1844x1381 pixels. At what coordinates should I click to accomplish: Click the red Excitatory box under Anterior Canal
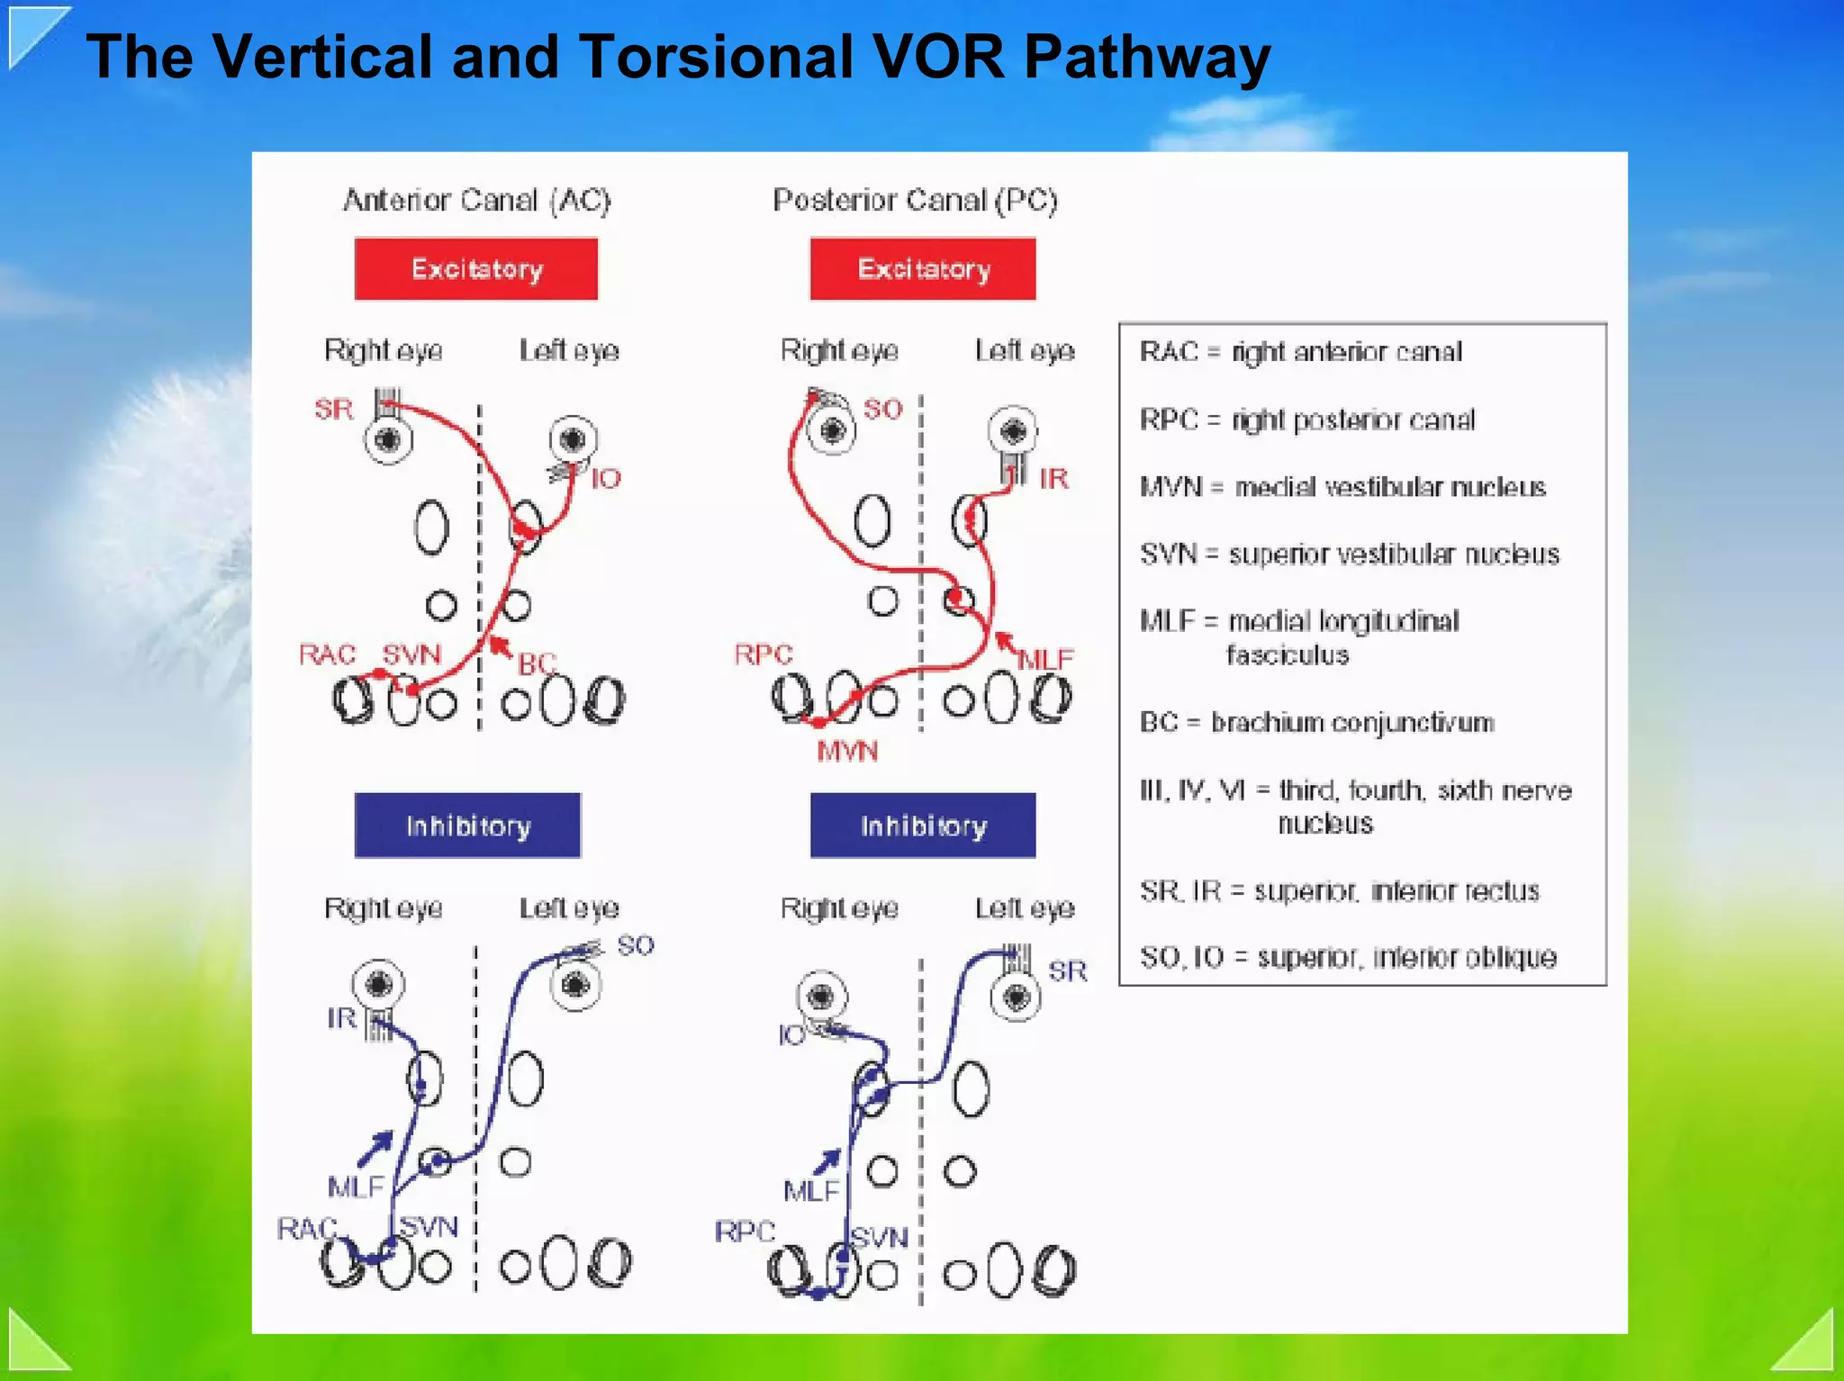[475, 268]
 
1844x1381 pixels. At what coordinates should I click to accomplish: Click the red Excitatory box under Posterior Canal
[923, 268]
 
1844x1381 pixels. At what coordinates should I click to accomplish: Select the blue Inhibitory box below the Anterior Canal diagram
[467, 825]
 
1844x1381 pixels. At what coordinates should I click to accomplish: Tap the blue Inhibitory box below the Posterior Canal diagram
[923, 825]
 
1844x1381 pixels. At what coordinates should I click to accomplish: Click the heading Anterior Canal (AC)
[476, 200]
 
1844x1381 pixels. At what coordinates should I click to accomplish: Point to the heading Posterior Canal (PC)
[915, 200]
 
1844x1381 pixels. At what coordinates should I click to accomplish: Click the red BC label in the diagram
[537, 663]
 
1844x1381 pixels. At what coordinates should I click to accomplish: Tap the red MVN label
[846, 751]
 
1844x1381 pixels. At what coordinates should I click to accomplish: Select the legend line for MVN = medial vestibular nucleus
[1342, 487]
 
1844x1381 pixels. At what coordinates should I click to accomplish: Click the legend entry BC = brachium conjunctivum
[1316, 722]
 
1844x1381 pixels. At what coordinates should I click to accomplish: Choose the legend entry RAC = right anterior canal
[1300, 351]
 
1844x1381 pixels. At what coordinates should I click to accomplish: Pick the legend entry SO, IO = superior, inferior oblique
[1348, 957]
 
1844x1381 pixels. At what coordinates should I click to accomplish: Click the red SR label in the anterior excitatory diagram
[333, 410]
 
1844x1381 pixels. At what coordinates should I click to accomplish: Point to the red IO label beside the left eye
[606, 478]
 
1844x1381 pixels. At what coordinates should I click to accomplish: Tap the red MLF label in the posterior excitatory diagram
[1045, 660]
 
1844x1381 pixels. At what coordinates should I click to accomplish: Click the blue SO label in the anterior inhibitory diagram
[636, 945]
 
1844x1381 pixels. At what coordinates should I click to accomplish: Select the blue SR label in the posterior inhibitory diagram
[1068, 970]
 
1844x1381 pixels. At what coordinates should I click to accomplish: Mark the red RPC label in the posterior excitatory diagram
[763, 654]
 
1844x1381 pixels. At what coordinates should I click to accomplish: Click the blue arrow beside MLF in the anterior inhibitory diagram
[376, 1147]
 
